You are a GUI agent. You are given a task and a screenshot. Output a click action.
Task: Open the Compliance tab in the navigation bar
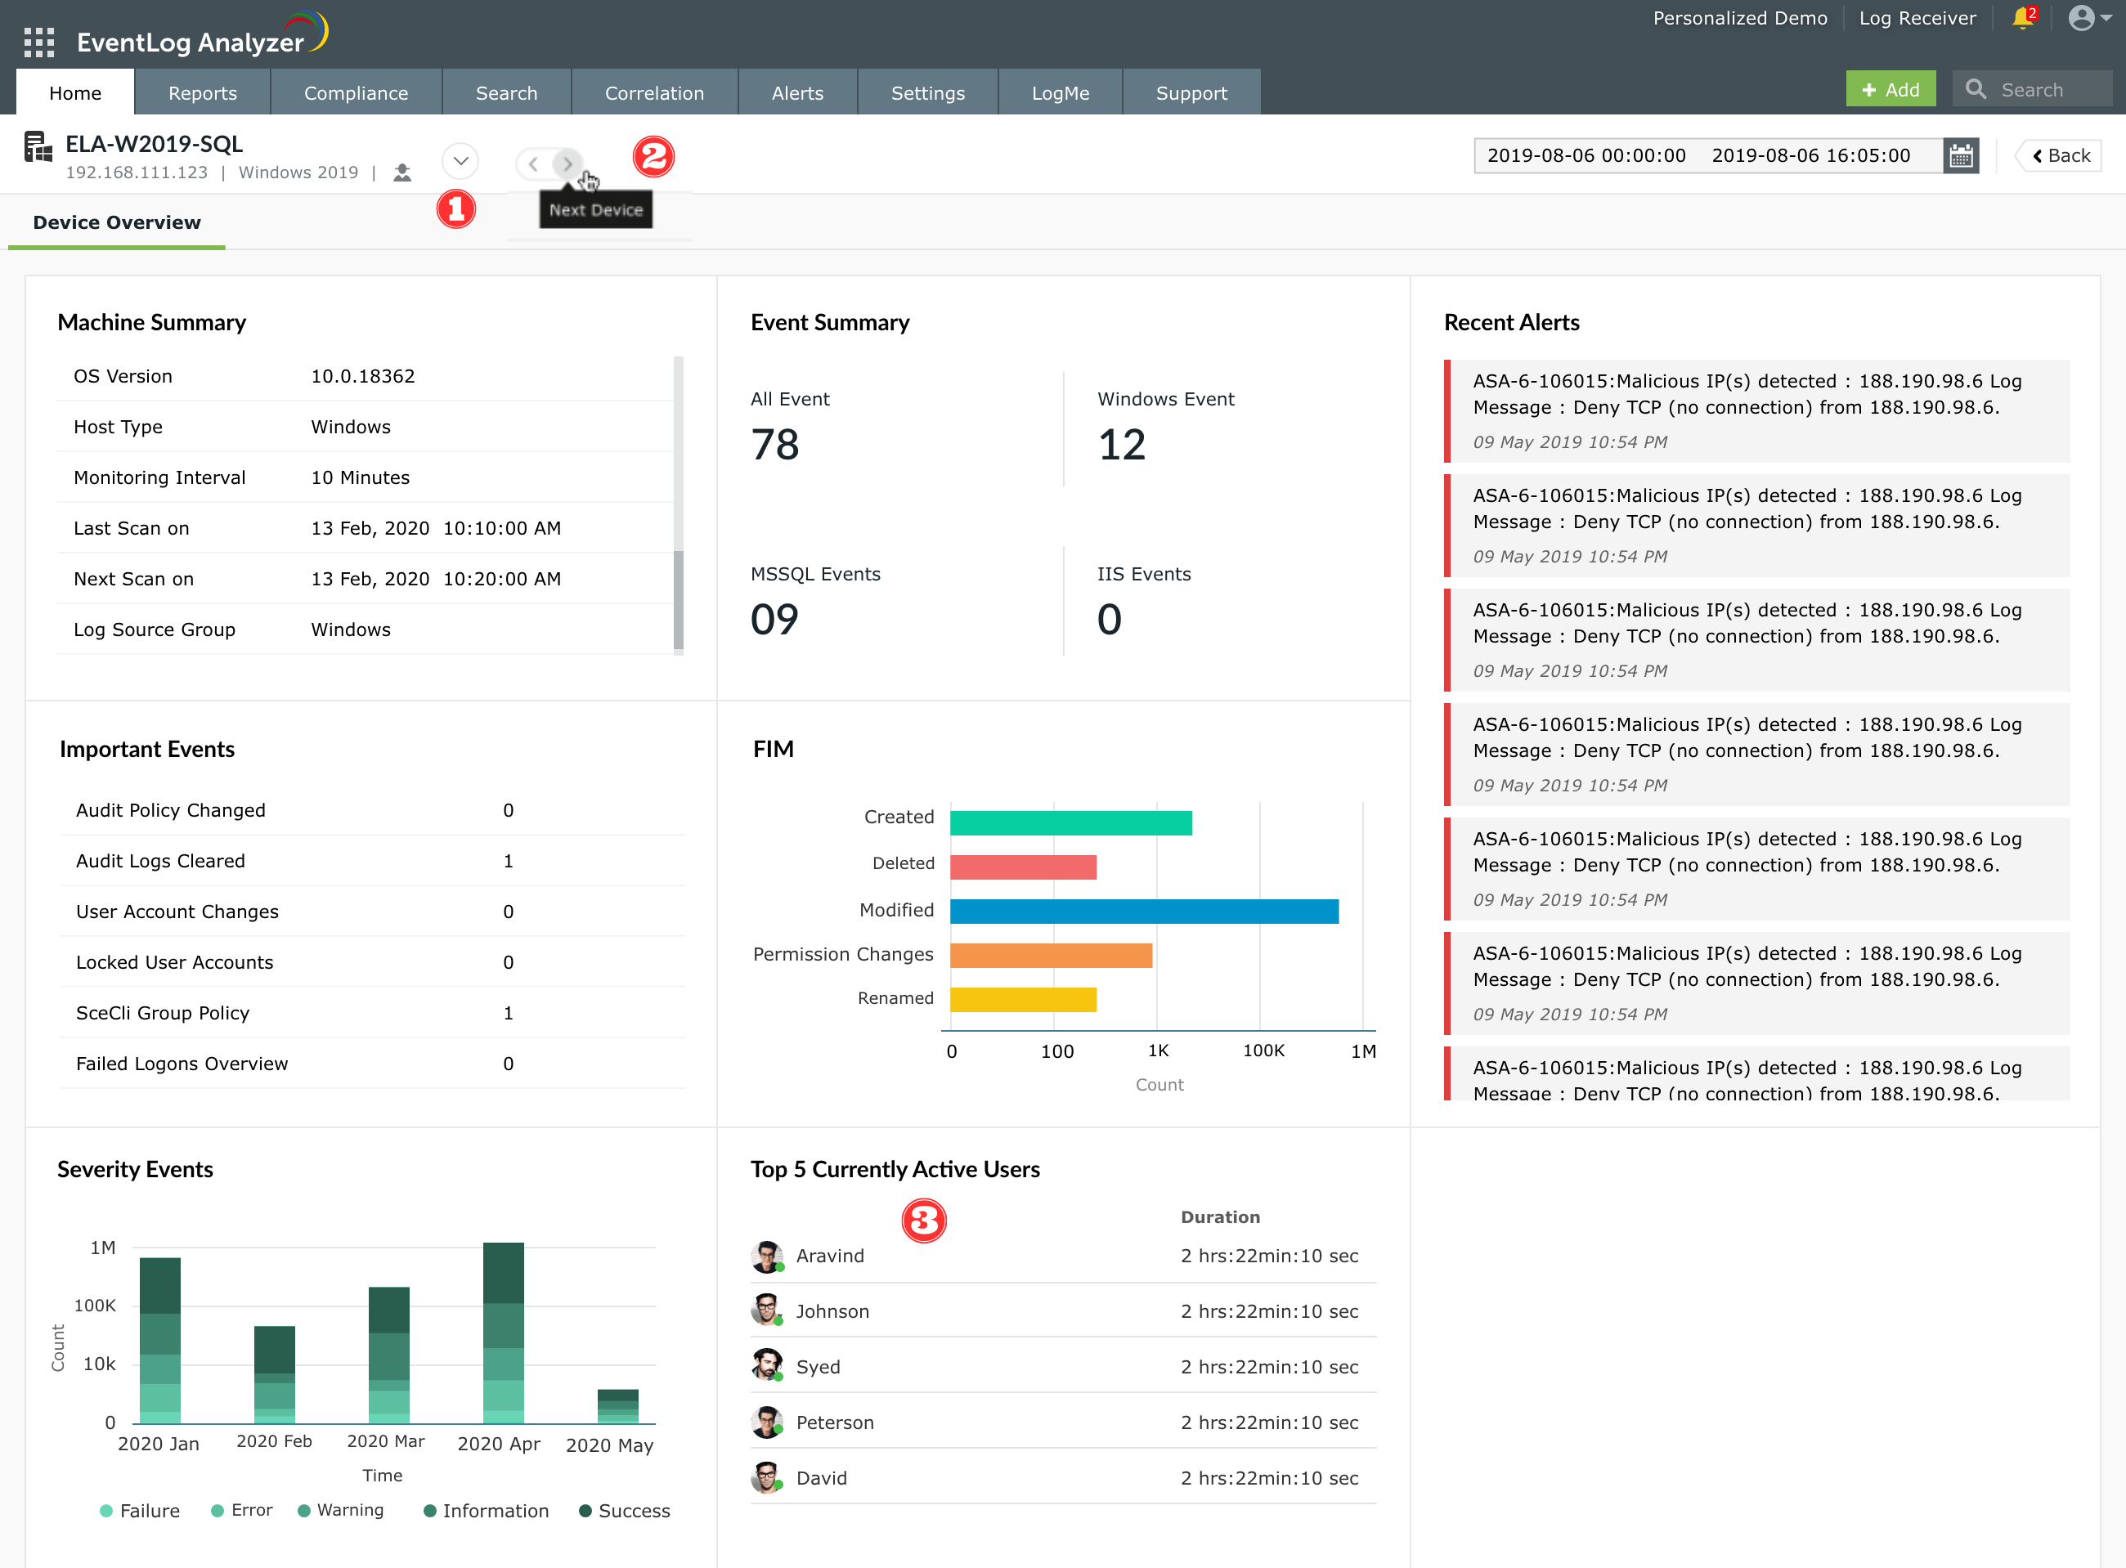356,93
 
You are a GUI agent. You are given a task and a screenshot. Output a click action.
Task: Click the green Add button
1890,90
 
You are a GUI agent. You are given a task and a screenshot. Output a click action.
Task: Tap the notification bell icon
2022,18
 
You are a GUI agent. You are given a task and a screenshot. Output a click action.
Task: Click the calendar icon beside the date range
1961,155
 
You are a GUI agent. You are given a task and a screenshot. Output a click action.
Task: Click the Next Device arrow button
567,164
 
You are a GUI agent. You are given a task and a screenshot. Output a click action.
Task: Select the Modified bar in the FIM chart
1144,912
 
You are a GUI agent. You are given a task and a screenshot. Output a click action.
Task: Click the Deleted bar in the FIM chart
1022,867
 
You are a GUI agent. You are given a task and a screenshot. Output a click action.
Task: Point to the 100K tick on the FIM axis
1263,1051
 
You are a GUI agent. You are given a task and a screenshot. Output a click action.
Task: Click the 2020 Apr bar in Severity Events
503,1333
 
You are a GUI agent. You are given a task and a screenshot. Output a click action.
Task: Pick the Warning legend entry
341,1510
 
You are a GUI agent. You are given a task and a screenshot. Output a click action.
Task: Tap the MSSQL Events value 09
774,619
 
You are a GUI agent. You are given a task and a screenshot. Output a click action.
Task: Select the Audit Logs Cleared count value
508,861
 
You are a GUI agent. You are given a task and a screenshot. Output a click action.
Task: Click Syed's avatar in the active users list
767,1366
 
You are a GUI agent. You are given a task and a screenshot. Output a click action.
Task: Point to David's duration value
1269,1478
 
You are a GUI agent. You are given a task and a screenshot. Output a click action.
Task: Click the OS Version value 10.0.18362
362,376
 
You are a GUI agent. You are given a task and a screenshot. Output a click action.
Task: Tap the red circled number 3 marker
923,1221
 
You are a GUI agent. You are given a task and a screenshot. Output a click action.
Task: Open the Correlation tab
654,93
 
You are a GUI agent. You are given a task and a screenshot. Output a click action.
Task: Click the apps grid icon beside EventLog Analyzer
39,42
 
